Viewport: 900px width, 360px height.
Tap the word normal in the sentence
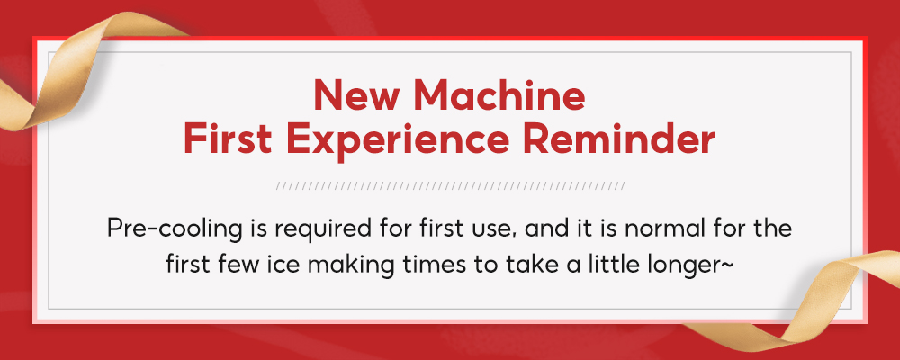click(x=657, y=229)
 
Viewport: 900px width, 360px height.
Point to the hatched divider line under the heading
click(x=450, y=186)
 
